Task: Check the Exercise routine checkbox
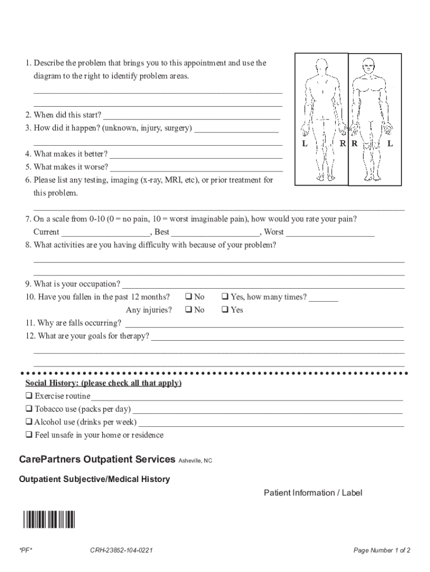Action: click(x=28, y=396)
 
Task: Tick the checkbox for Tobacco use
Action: click(x=28, y=409)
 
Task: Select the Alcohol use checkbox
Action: click(x=28, y=422)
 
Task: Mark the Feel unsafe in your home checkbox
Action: click(x=28, y=435)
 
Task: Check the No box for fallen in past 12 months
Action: click(x=189, y=297)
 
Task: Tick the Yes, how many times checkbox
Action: click(x=225, y=297)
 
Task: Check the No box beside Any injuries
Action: click(x=189, y=309)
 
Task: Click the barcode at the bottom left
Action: click(x=49, y=519)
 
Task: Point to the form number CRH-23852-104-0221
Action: click(x=122, y=551)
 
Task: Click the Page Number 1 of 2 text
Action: click(x=382, y=551)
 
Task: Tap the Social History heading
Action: click(x=103, y=383)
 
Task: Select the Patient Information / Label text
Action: click(x=313, y=493)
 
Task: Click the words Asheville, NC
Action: click(x=195, y=461)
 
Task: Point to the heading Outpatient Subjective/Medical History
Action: click(x=94, y=479)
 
